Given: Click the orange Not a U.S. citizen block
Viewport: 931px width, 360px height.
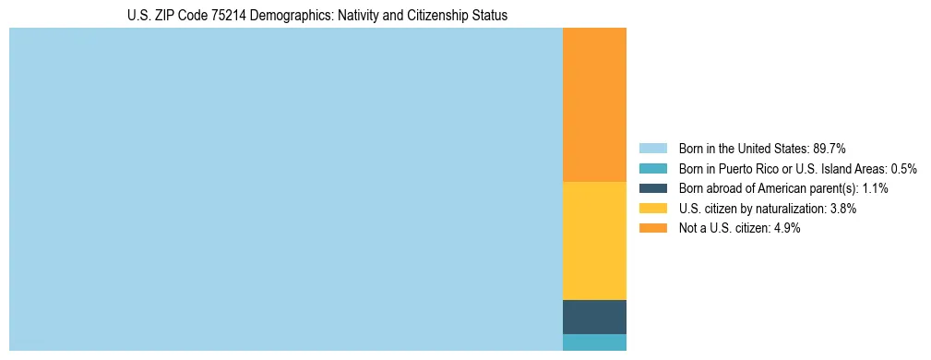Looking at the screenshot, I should (594, 104).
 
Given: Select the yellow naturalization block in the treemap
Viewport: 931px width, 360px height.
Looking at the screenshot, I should (594, 241).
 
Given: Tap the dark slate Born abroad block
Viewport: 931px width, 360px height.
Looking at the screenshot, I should (594, 317).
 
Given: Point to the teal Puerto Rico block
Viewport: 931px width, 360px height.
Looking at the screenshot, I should (594, 342).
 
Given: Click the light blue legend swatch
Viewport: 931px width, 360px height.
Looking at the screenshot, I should (652, 148).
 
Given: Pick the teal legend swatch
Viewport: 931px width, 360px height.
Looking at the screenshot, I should (652, 168).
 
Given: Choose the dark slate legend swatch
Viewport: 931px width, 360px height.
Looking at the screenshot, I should (652, 188).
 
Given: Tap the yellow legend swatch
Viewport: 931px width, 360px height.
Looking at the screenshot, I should (652, 209).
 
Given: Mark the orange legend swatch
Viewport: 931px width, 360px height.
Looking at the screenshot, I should (652, 228).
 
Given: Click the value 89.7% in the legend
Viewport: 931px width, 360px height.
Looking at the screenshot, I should (830, 148).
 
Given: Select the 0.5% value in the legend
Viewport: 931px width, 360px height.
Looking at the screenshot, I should (903, 168).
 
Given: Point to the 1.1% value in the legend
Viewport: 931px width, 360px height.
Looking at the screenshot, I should (873, 188).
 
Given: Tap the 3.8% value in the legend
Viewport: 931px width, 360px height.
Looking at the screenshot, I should (842, 209).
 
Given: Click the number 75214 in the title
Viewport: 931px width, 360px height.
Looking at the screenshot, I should (223, 16).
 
